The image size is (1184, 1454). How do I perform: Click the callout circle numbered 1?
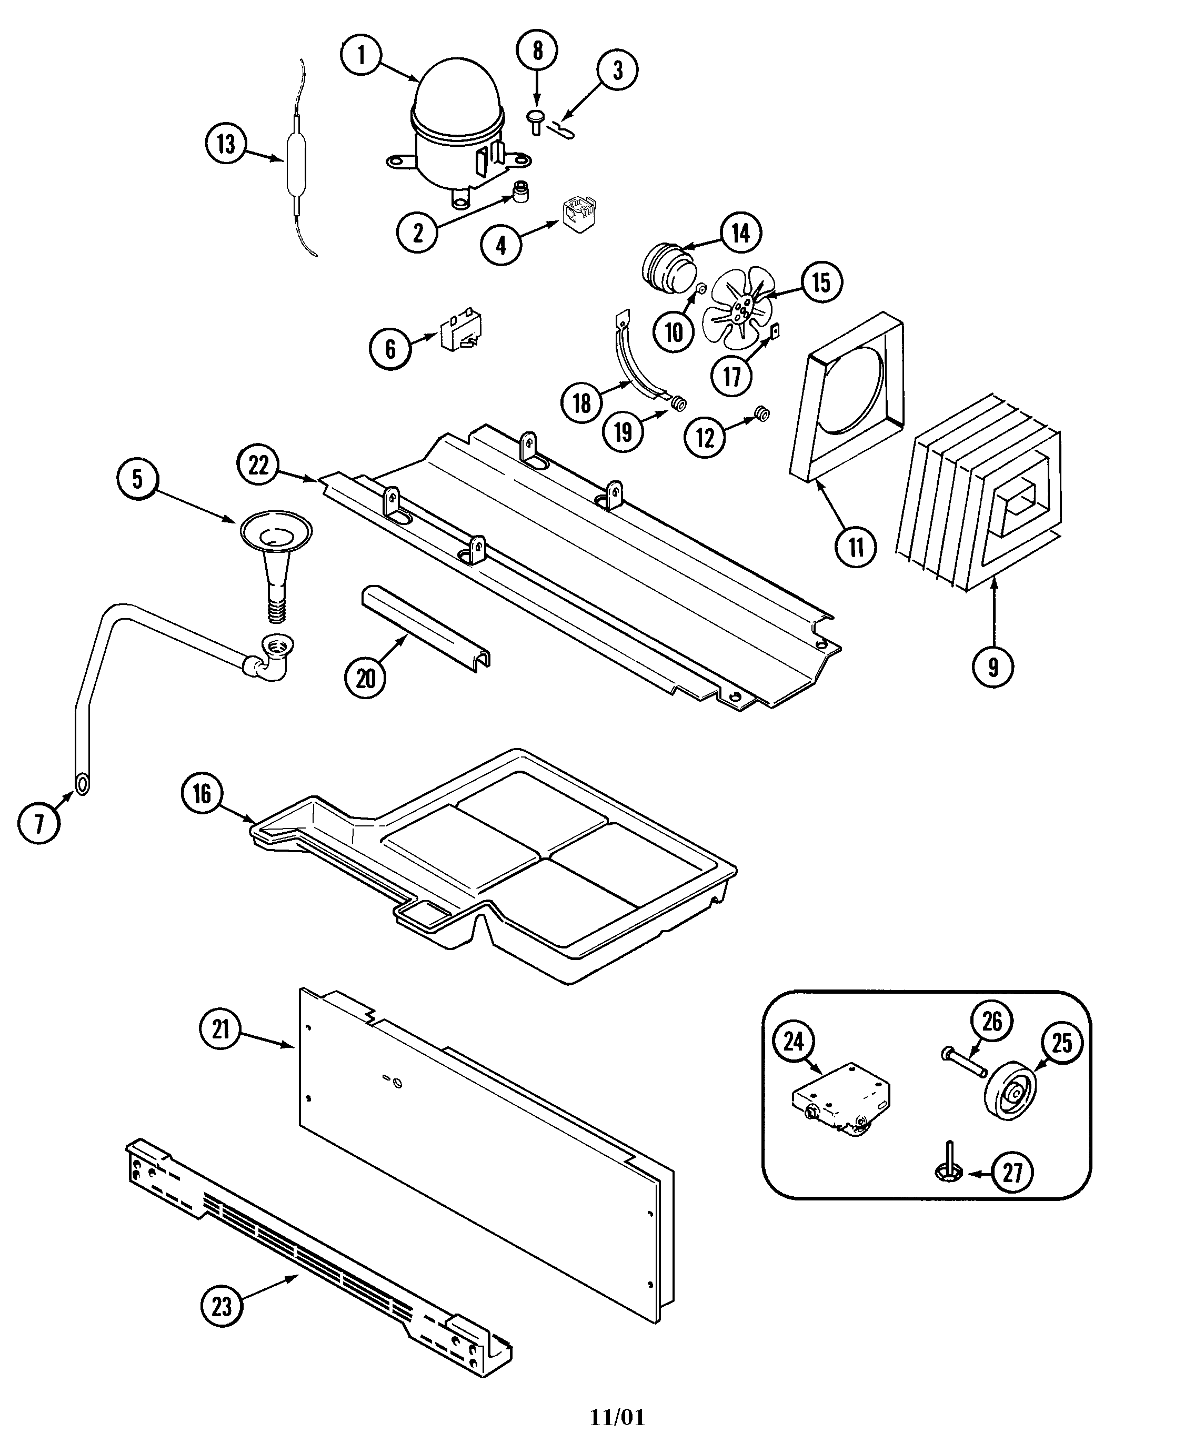click(x=361, y=55)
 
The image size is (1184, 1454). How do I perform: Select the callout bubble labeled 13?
click(x=226, y=145)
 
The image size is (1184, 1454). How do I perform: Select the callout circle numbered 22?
click(x=258, y=465)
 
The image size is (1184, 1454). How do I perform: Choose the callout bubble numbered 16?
click(x=202, y=793)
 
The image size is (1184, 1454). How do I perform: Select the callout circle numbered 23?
click(x=222, y=1306)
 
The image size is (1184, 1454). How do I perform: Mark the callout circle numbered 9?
click(x=993, y=666)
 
